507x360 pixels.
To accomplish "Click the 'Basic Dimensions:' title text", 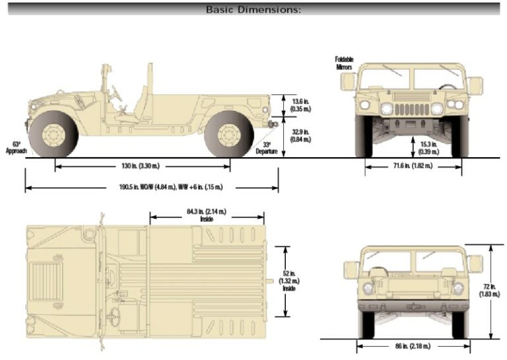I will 253,9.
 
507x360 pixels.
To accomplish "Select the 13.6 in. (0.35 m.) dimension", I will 300,104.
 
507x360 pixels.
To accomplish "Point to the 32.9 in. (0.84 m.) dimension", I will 300,135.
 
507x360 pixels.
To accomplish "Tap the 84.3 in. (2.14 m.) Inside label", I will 206,215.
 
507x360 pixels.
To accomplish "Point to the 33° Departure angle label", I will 267,148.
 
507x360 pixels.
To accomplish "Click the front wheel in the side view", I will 53,133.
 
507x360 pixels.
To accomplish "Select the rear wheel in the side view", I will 229,133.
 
